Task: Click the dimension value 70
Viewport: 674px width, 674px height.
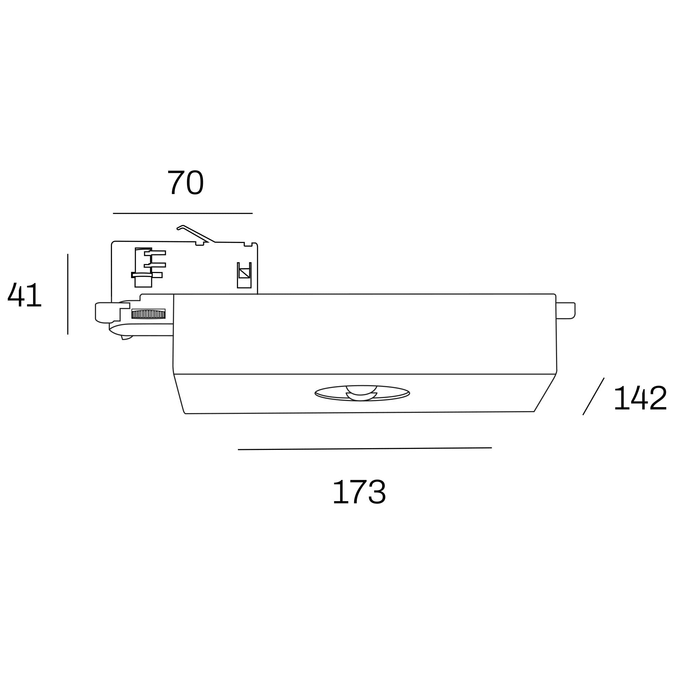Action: point(185,182)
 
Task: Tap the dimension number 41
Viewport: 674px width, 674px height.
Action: point(24,295)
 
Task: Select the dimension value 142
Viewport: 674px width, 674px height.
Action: point(641,398)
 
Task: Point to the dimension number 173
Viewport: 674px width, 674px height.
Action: point(359,492)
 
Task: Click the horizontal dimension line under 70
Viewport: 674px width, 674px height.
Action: point(182,213)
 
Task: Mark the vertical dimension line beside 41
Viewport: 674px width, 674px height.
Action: point(68,294)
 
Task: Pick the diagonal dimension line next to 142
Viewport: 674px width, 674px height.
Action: point(593,396)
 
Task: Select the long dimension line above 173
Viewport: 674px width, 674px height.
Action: point(365,449)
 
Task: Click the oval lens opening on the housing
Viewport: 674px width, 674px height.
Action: point(362,393)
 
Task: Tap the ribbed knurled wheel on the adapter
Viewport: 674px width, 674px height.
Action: point(148,314)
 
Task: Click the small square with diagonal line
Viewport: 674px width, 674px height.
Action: point(244,273)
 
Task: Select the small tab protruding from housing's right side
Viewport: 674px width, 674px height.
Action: point(565,310)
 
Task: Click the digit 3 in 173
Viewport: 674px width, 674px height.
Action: point(377,492)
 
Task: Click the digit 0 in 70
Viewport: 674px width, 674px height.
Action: point(195,182)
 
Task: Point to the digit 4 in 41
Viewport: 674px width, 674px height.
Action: point(16,295)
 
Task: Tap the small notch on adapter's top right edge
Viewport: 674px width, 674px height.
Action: point(248,244)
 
